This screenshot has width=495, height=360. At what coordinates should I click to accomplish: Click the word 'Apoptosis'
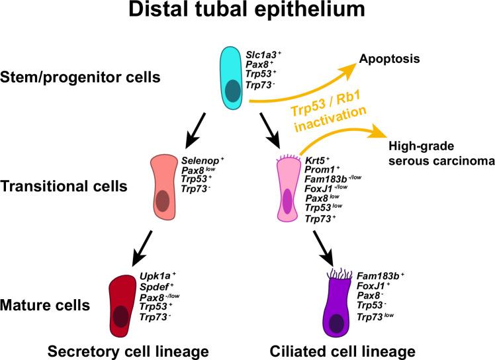click(389, 58)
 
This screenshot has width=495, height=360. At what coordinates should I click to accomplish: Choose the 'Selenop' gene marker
click(201, 159)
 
